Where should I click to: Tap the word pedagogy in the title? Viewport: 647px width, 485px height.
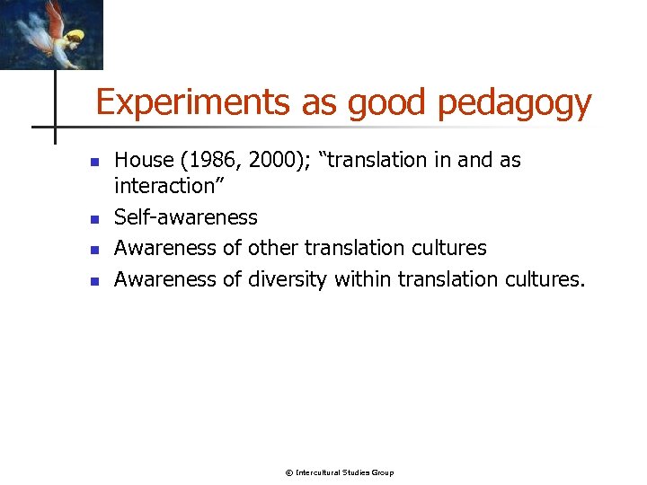[514, 104]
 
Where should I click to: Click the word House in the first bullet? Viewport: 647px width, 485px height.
[144, 161]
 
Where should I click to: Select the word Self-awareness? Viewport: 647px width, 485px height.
[186, 217]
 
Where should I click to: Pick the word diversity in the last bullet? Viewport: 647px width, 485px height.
[287, 279]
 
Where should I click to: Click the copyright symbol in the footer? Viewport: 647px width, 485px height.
[288, 472]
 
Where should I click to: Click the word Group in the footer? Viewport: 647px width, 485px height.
[383, 472]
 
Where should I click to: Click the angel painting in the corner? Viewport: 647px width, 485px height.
[51, 34]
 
